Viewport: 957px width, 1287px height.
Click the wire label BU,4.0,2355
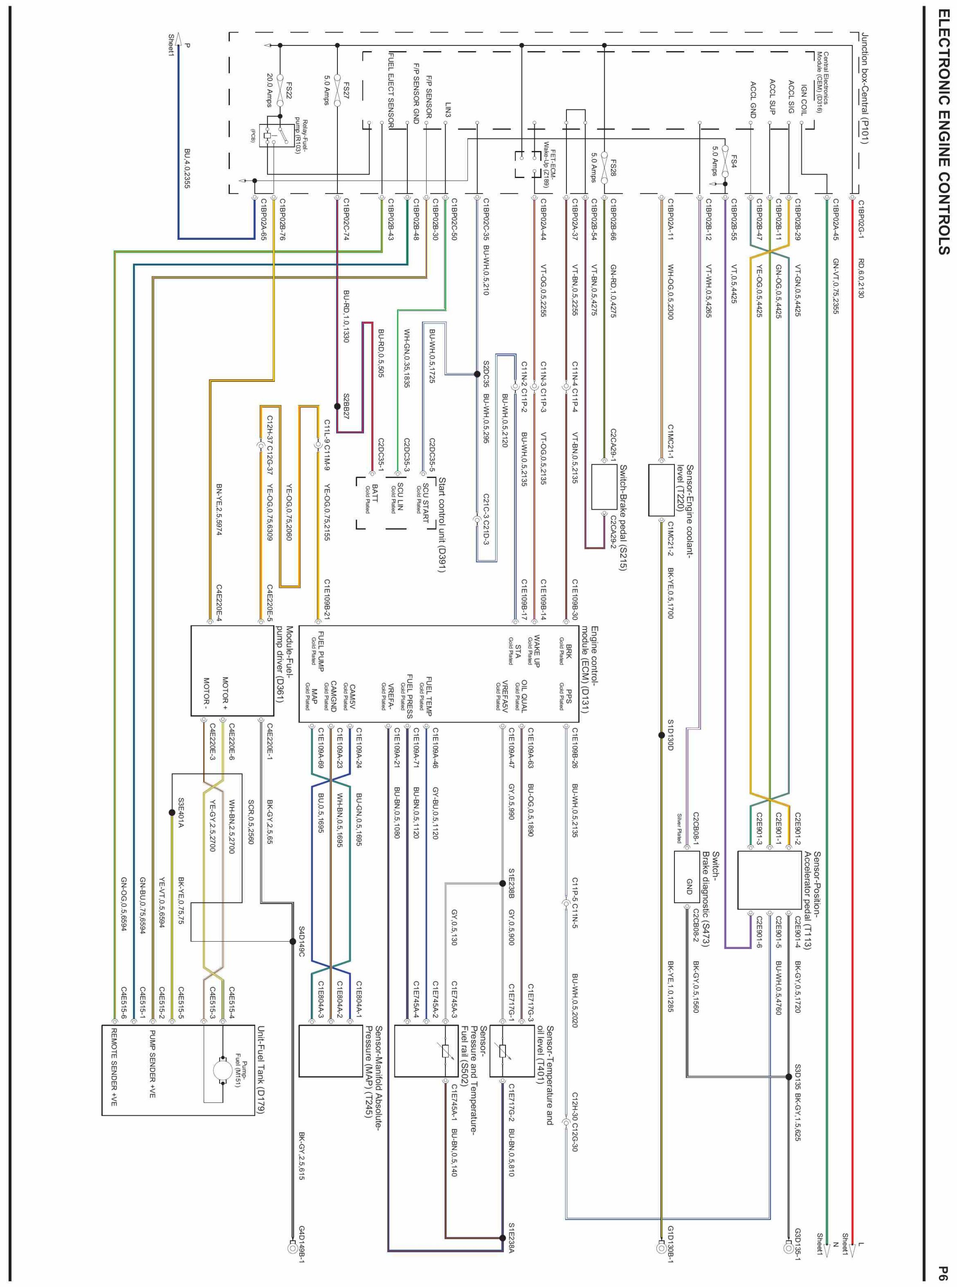[187, 168]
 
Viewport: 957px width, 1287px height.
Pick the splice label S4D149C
[302, 941]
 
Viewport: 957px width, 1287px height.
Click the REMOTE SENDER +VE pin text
[114, 1076]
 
